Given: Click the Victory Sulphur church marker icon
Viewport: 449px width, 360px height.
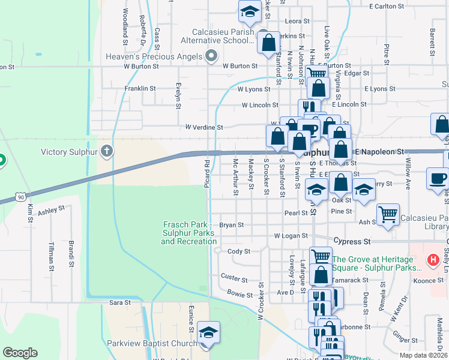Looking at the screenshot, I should (107, 151).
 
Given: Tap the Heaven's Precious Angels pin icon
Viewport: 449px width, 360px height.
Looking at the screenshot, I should (211, 56).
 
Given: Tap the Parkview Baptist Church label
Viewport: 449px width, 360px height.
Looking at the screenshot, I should (152, 343).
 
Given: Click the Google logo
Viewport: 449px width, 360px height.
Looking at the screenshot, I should (20, 353).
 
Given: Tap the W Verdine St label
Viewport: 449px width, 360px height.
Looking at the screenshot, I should (204, 127).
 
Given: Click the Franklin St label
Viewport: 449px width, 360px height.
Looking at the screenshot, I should (140, 88).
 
